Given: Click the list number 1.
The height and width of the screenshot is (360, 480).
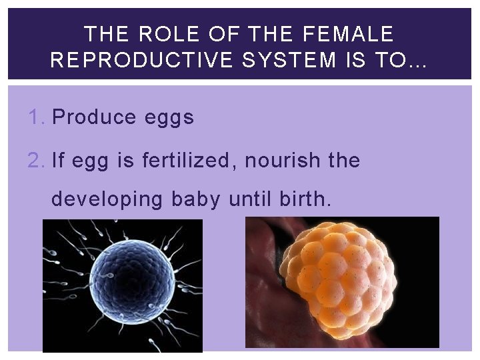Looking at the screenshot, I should tap(37, 117).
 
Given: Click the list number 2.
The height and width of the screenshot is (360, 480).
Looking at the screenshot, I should tap(37, 161).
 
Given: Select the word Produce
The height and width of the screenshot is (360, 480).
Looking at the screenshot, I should tap(94, 117).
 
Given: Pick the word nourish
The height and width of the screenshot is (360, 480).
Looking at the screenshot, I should tap(286, 161).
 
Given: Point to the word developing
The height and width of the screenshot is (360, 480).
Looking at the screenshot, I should tap(107, 199).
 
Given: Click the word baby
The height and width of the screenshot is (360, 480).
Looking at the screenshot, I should tap(195, 199).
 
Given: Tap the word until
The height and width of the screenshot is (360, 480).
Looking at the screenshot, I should tap(253, 199).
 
